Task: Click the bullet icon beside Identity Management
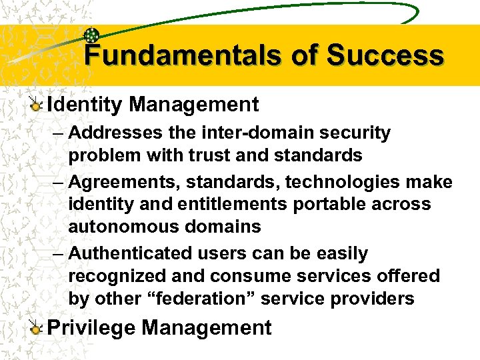click(37, 105)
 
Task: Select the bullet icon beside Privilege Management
click(37, 328)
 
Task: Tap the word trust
click(211, 155)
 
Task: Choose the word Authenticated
click(130, 253)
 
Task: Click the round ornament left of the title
click(93, 37)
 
